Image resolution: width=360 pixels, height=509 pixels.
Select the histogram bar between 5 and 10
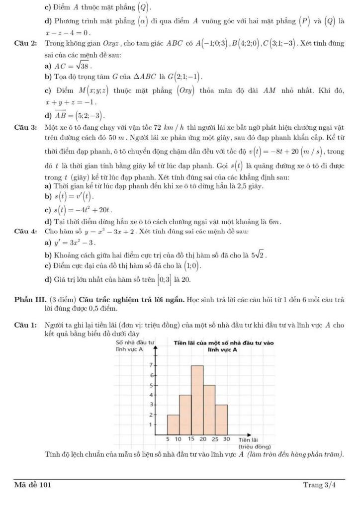[173, 424]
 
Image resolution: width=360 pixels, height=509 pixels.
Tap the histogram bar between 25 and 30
[221, 419]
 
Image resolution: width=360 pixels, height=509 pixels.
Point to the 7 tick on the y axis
[151, 365]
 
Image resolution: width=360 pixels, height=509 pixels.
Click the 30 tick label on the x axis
[227, 439]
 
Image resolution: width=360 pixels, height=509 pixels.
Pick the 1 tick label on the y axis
[151, 424]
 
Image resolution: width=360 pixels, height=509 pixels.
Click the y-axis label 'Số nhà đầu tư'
[134, 342]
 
